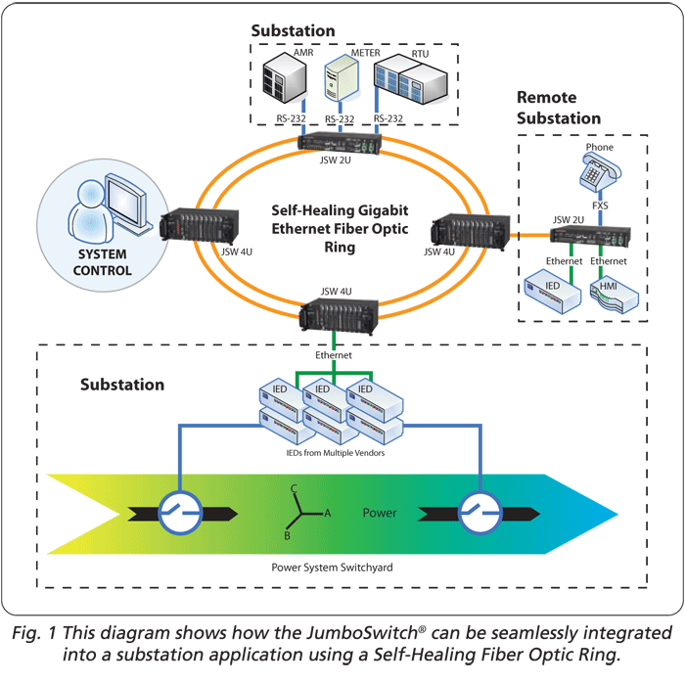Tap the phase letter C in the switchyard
(x=293, y=488)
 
